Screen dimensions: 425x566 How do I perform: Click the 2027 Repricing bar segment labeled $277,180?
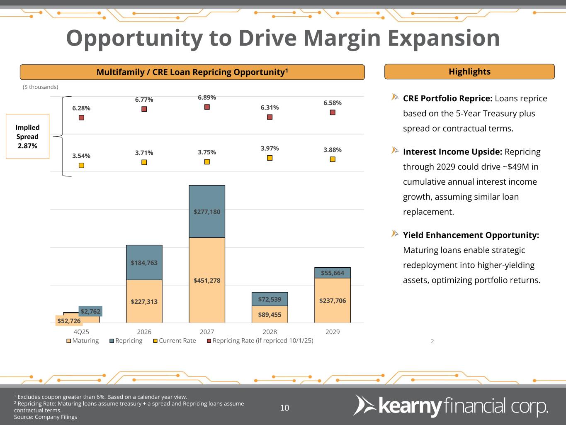point(207,212)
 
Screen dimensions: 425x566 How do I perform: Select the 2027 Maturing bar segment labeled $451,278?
point(207,280)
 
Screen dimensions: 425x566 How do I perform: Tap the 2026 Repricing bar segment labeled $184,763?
point(144,262)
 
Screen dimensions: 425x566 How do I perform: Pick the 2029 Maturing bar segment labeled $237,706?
point(332,300)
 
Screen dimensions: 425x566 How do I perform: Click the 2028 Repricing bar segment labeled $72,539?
point(270,299)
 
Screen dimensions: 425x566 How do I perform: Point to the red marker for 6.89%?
point(207,107)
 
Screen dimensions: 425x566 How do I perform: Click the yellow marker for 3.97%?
point(270,158)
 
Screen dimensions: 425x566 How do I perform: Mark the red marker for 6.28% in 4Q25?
point(81,117)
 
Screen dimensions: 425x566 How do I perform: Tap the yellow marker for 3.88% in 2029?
point(332,159)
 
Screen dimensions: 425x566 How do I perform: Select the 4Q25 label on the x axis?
point(81,332)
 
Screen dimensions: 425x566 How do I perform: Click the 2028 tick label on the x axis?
point(270,332)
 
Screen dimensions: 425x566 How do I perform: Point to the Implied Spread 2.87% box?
point(27,137)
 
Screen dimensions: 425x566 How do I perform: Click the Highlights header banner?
point(469,72)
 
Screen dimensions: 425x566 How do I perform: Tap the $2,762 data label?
point(90,311)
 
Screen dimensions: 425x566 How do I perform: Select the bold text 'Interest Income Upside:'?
point(452,152)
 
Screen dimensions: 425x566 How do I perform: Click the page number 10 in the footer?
point(284,408)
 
